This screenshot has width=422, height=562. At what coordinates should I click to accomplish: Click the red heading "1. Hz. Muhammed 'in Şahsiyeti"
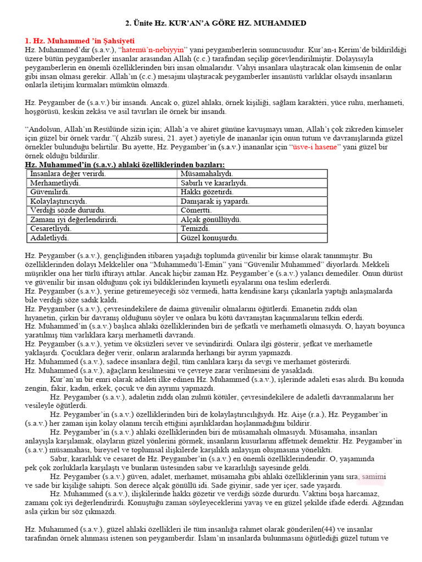tap(80, 41)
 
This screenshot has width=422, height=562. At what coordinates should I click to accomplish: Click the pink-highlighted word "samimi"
tap(373, 476)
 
